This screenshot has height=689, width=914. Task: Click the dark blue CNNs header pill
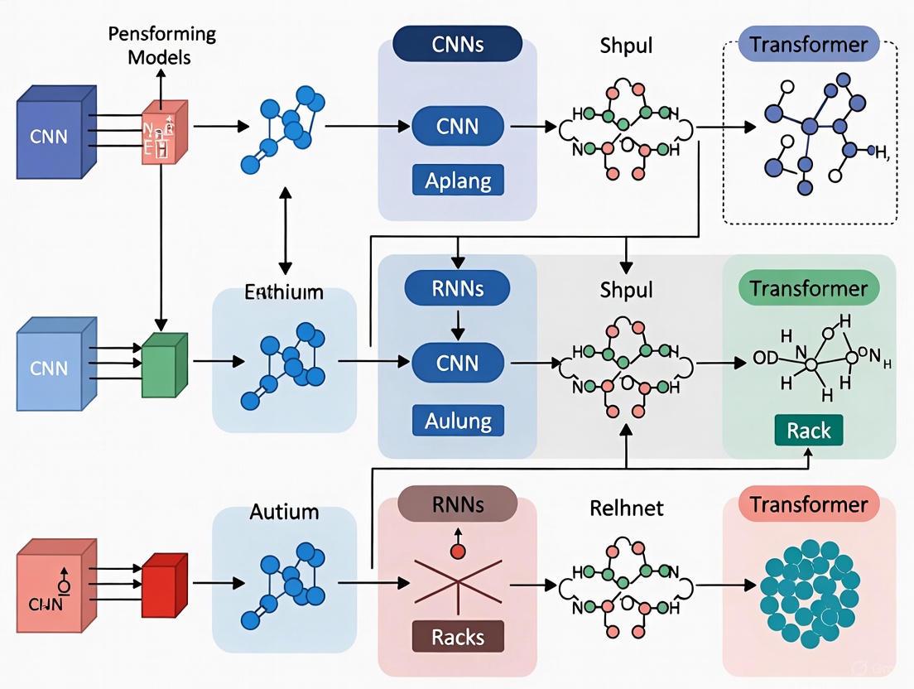458,45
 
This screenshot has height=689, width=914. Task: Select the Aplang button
458,180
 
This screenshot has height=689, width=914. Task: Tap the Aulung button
458,420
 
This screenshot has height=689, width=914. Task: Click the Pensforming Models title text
163,46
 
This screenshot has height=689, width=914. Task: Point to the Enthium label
284,292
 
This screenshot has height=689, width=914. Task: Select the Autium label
284,511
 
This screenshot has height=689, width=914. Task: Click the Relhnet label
626,507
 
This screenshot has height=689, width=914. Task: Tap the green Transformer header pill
808,289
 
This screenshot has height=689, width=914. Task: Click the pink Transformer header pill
808,504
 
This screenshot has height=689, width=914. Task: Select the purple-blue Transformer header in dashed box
808,43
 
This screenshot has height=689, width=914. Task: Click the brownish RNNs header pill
458,503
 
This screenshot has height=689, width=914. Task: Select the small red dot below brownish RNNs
455,551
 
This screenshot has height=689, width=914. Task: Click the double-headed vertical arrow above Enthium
285,231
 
